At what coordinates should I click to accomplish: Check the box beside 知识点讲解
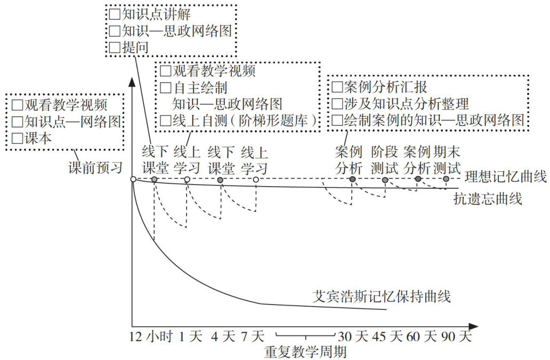tap(115, 13)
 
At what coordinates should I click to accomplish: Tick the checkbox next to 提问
tap(115, 47)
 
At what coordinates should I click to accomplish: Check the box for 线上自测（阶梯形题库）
tap(166, 121)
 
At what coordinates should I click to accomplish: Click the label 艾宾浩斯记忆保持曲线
tap(382, 296)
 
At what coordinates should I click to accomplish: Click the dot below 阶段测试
tap(385, 180)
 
